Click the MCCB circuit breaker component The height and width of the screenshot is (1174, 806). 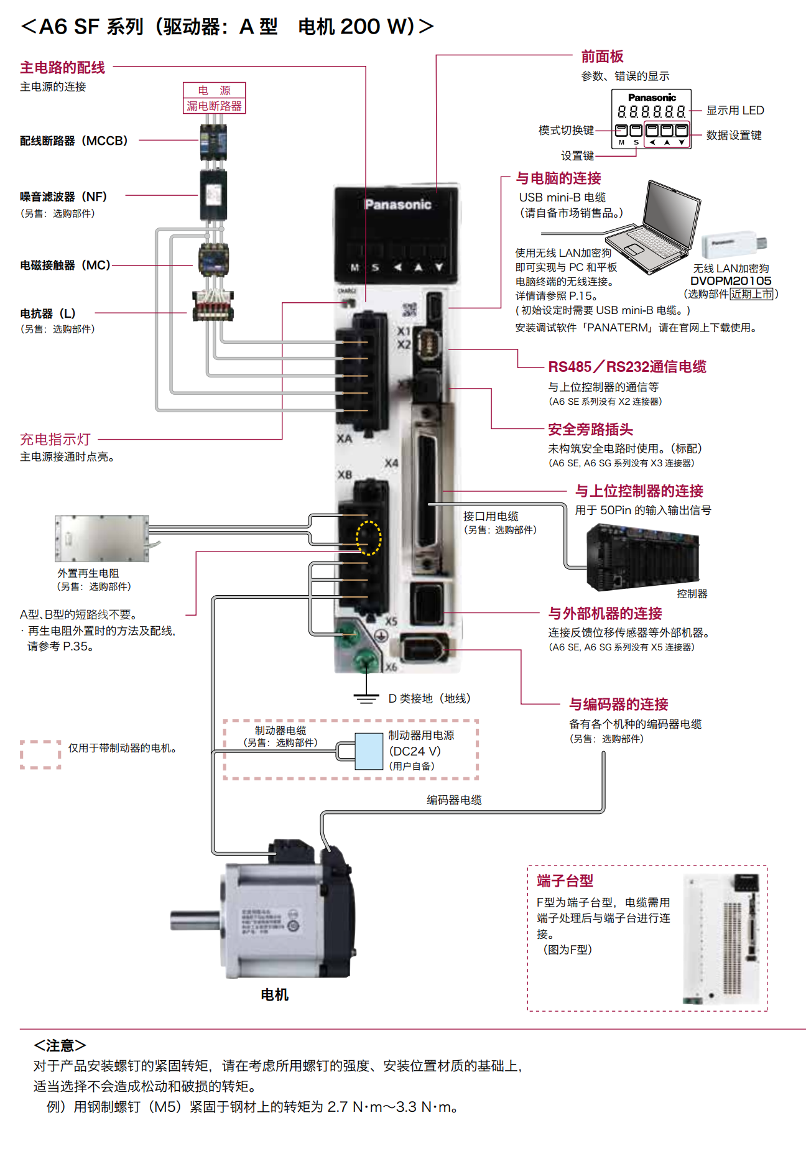[x=213, y=142]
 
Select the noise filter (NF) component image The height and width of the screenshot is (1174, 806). [x=213, y=195]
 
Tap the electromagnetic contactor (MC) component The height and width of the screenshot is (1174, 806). [x=214, y=260]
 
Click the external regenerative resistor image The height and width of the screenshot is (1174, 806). [x=102, y=538]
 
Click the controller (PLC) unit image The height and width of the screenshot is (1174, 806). [x=643, y=558]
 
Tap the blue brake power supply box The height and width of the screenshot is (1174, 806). [x=369, y=751]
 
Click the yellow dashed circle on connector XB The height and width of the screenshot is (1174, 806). [x=368, y=538]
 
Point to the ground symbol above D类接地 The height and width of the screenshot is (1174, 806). [x=366, y=698]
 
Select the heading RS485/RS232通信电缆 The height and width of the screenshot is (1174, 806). [x=627, y=367]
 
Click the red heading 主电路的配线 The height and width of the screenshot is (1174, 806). [x=62, y=67]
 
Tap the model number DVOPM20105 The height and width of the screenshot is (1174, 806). [x=731, y=281]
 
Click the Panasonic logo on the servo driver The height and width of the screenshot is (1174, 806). [x=398, y=205]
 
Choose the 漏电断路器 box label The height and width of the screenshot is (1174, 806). [x=214, y=106]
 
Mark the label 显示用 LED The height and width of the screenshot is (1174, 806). [x=735, y=111]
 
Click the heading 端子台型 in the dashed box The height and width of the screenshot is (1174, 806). [x=565, y=881]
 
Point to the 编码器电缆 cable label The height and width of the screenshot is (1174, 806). [x=454, y=800]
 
